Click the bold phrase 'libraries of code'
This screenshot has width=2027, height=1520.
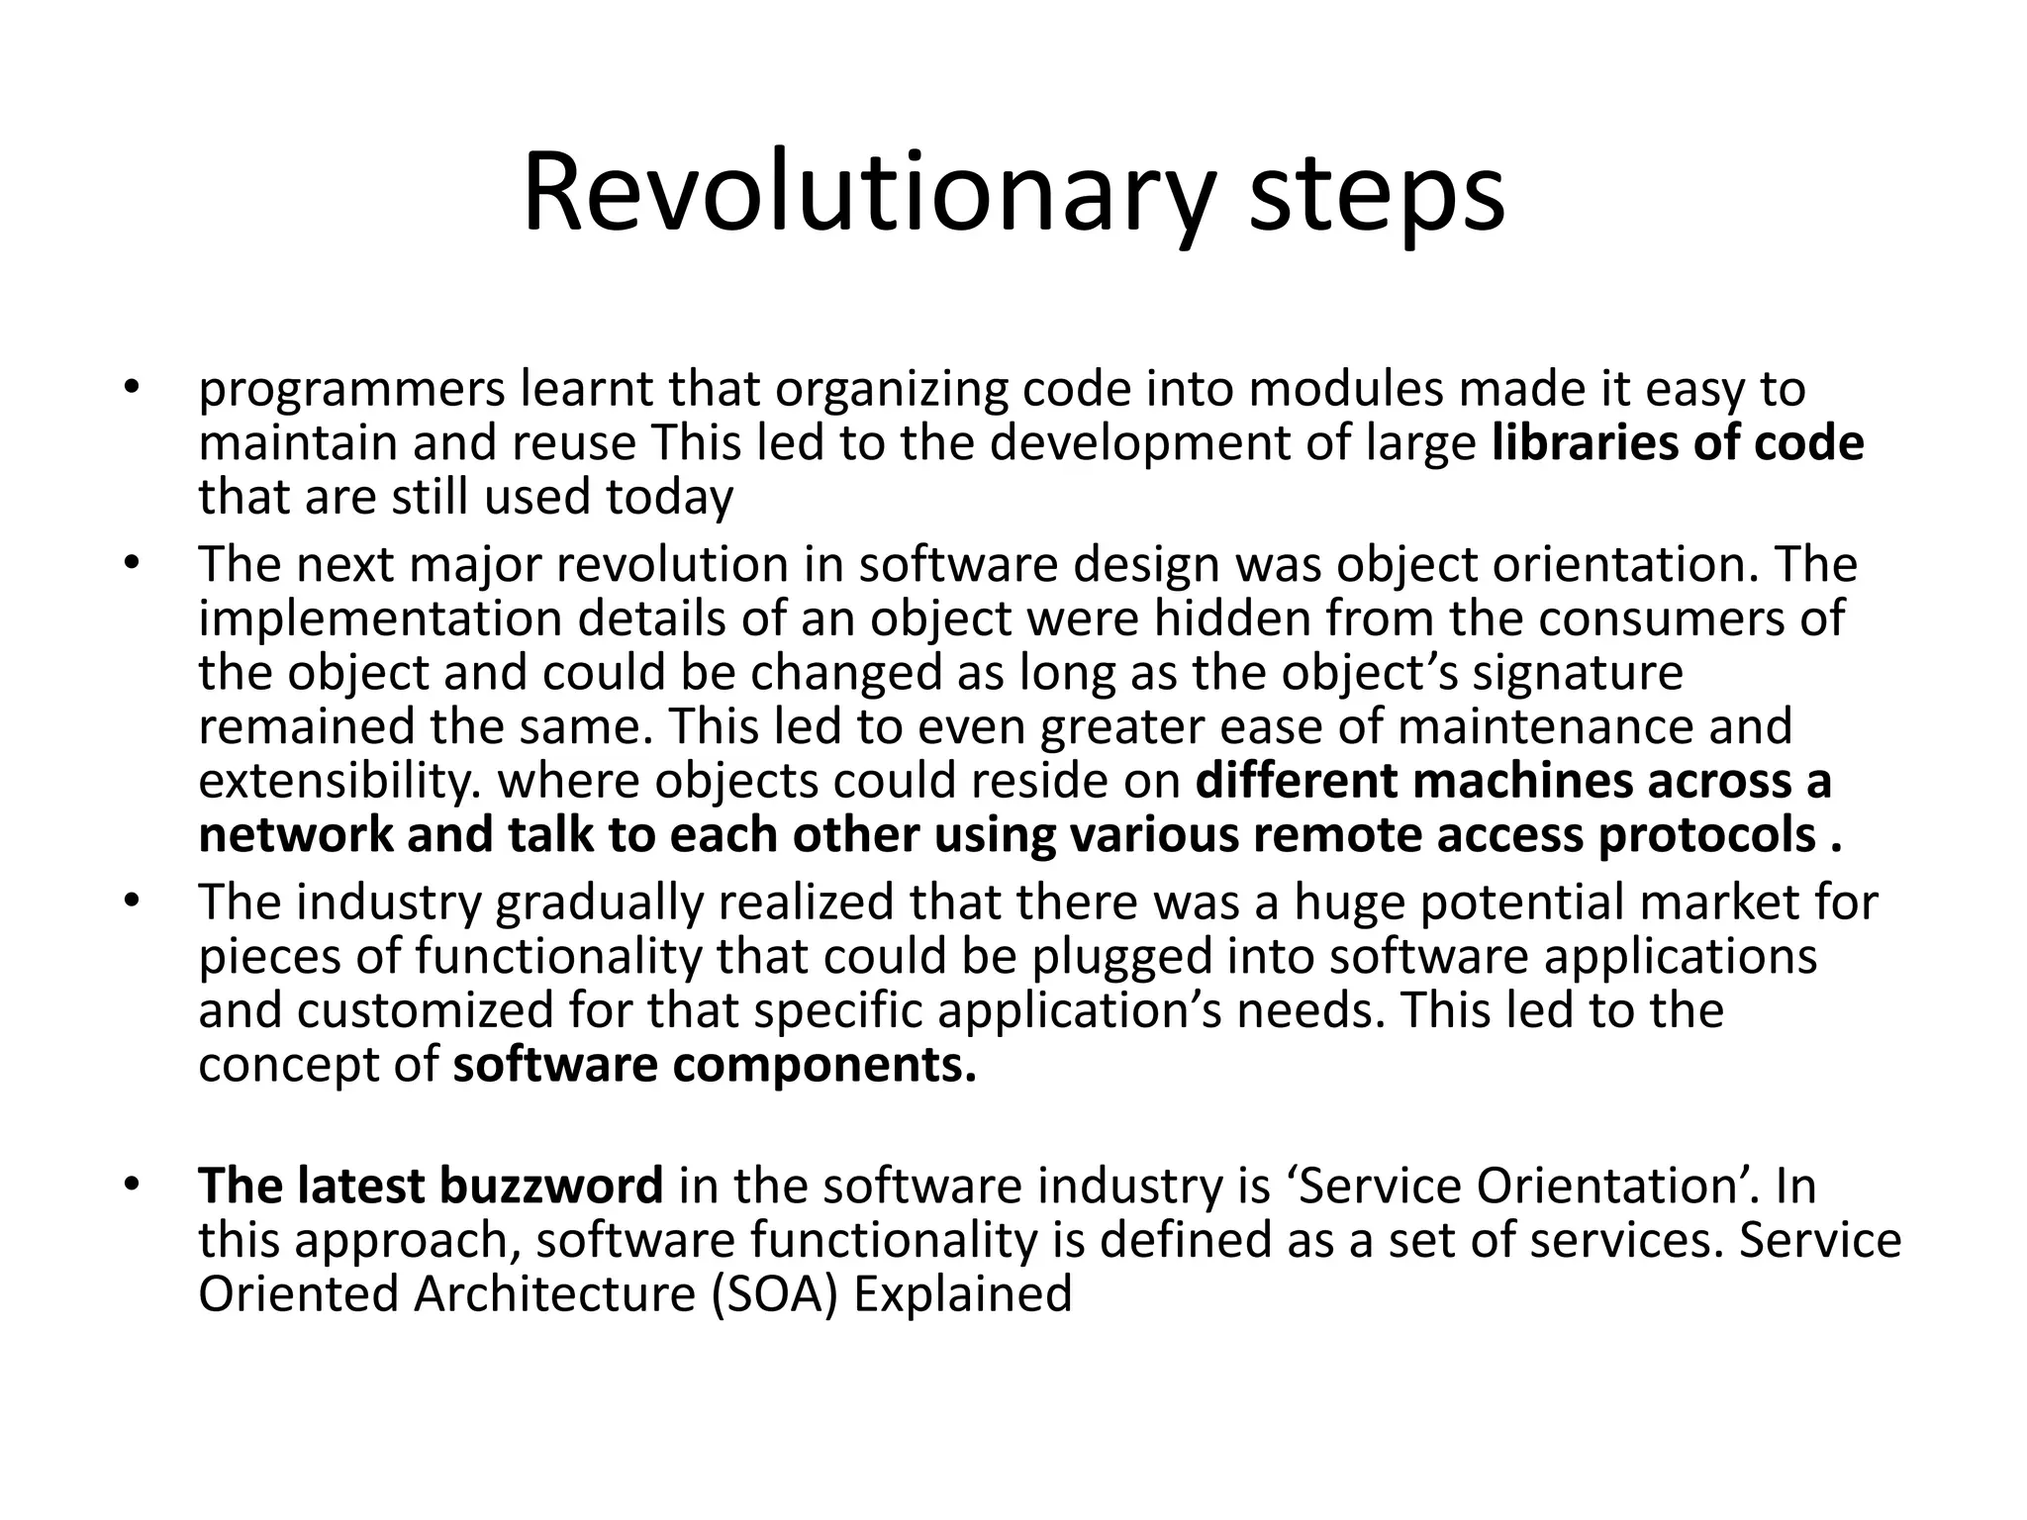point(1677,442)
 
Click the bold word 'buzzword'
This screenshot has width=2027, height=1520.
point(550,1186)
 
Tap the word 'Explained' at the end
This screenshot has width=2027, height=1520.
point(962,1293)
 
